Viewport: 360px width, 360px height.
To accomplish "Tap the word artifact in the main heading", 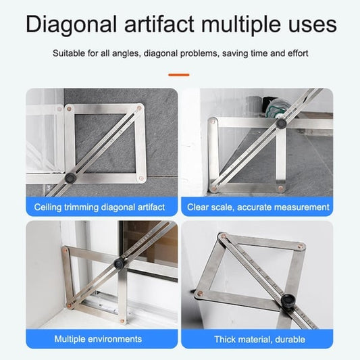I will pyautogui.click(x=159, y=24).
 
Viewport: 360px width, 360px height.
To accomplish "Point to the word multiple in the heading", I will pyautogui.click(x=240, y=24).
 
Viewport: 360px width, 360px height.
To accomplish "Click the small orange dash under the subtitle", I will pyautogui.click(x=179, y=75).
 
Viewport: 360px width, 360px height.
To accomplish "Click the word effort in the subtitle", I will pyautogui.click(x=297, y=53).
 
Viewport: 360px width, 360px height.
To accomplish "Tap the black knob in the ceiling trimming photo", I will pyautogui.click(x=70, y=178).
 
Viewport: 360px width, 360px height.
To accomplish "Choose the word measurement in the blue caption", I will pyautogui.click(x=298, y=207).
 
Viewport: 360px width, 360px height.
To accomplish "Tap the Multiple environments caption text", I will pyautogui.click(x=98, y=339).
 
